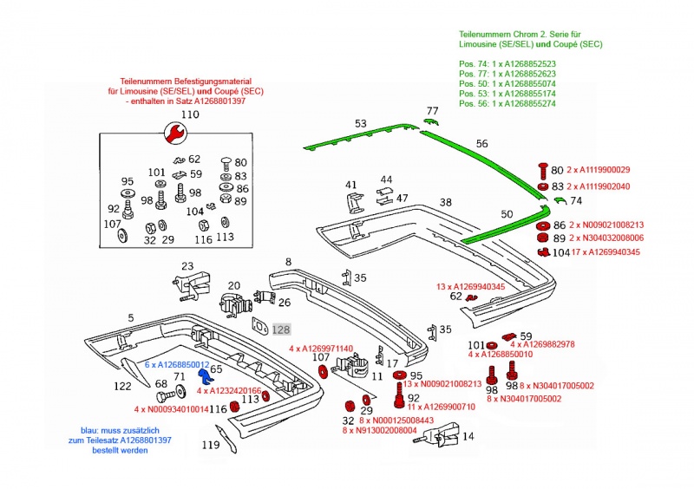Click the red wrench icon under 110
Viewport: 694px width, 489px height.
(173, 133)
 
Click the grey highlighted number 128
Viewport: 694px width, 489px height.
(280, 329)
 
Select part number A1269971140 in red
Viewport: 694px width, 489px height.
(320, 349)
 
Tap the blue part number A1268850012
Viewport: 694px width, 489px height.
(177, 365)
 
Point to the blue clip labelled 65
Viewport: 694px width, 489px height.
(206, 377)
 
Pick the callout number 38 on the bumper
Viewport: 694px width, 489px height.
(445, 202)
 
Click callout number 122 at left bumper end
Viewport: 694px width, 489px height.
(121, 386)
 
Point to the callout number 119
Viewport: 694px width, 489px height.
(211, 446)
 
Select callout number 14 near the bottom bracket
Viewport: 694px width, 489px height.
(468, 437)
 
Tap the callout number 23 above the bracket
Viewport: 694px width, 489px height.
(188, 265)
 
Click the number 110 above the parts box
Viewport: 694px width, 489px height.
(189, 114)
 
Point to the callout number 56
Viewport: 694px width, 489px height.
(482, 144)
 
